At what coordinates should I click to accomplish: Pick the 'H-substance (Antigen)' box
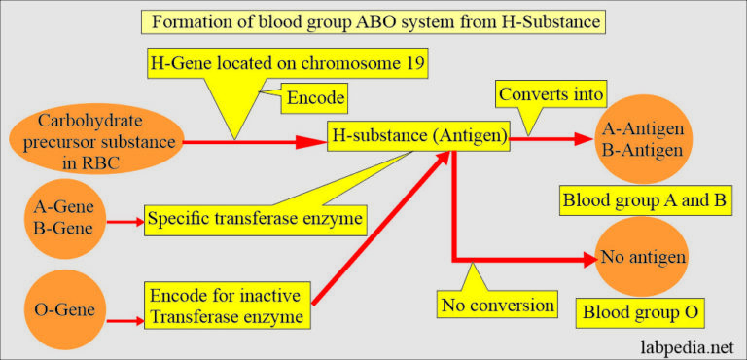pyautogui.click(x=418, y=138)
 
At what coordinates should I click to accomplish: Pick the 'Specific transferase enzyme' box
pyautogui.click(x=255, y=220)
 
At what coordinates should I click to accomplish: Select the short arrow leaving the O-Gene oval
pyautogui.click(x=124, y=317)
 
